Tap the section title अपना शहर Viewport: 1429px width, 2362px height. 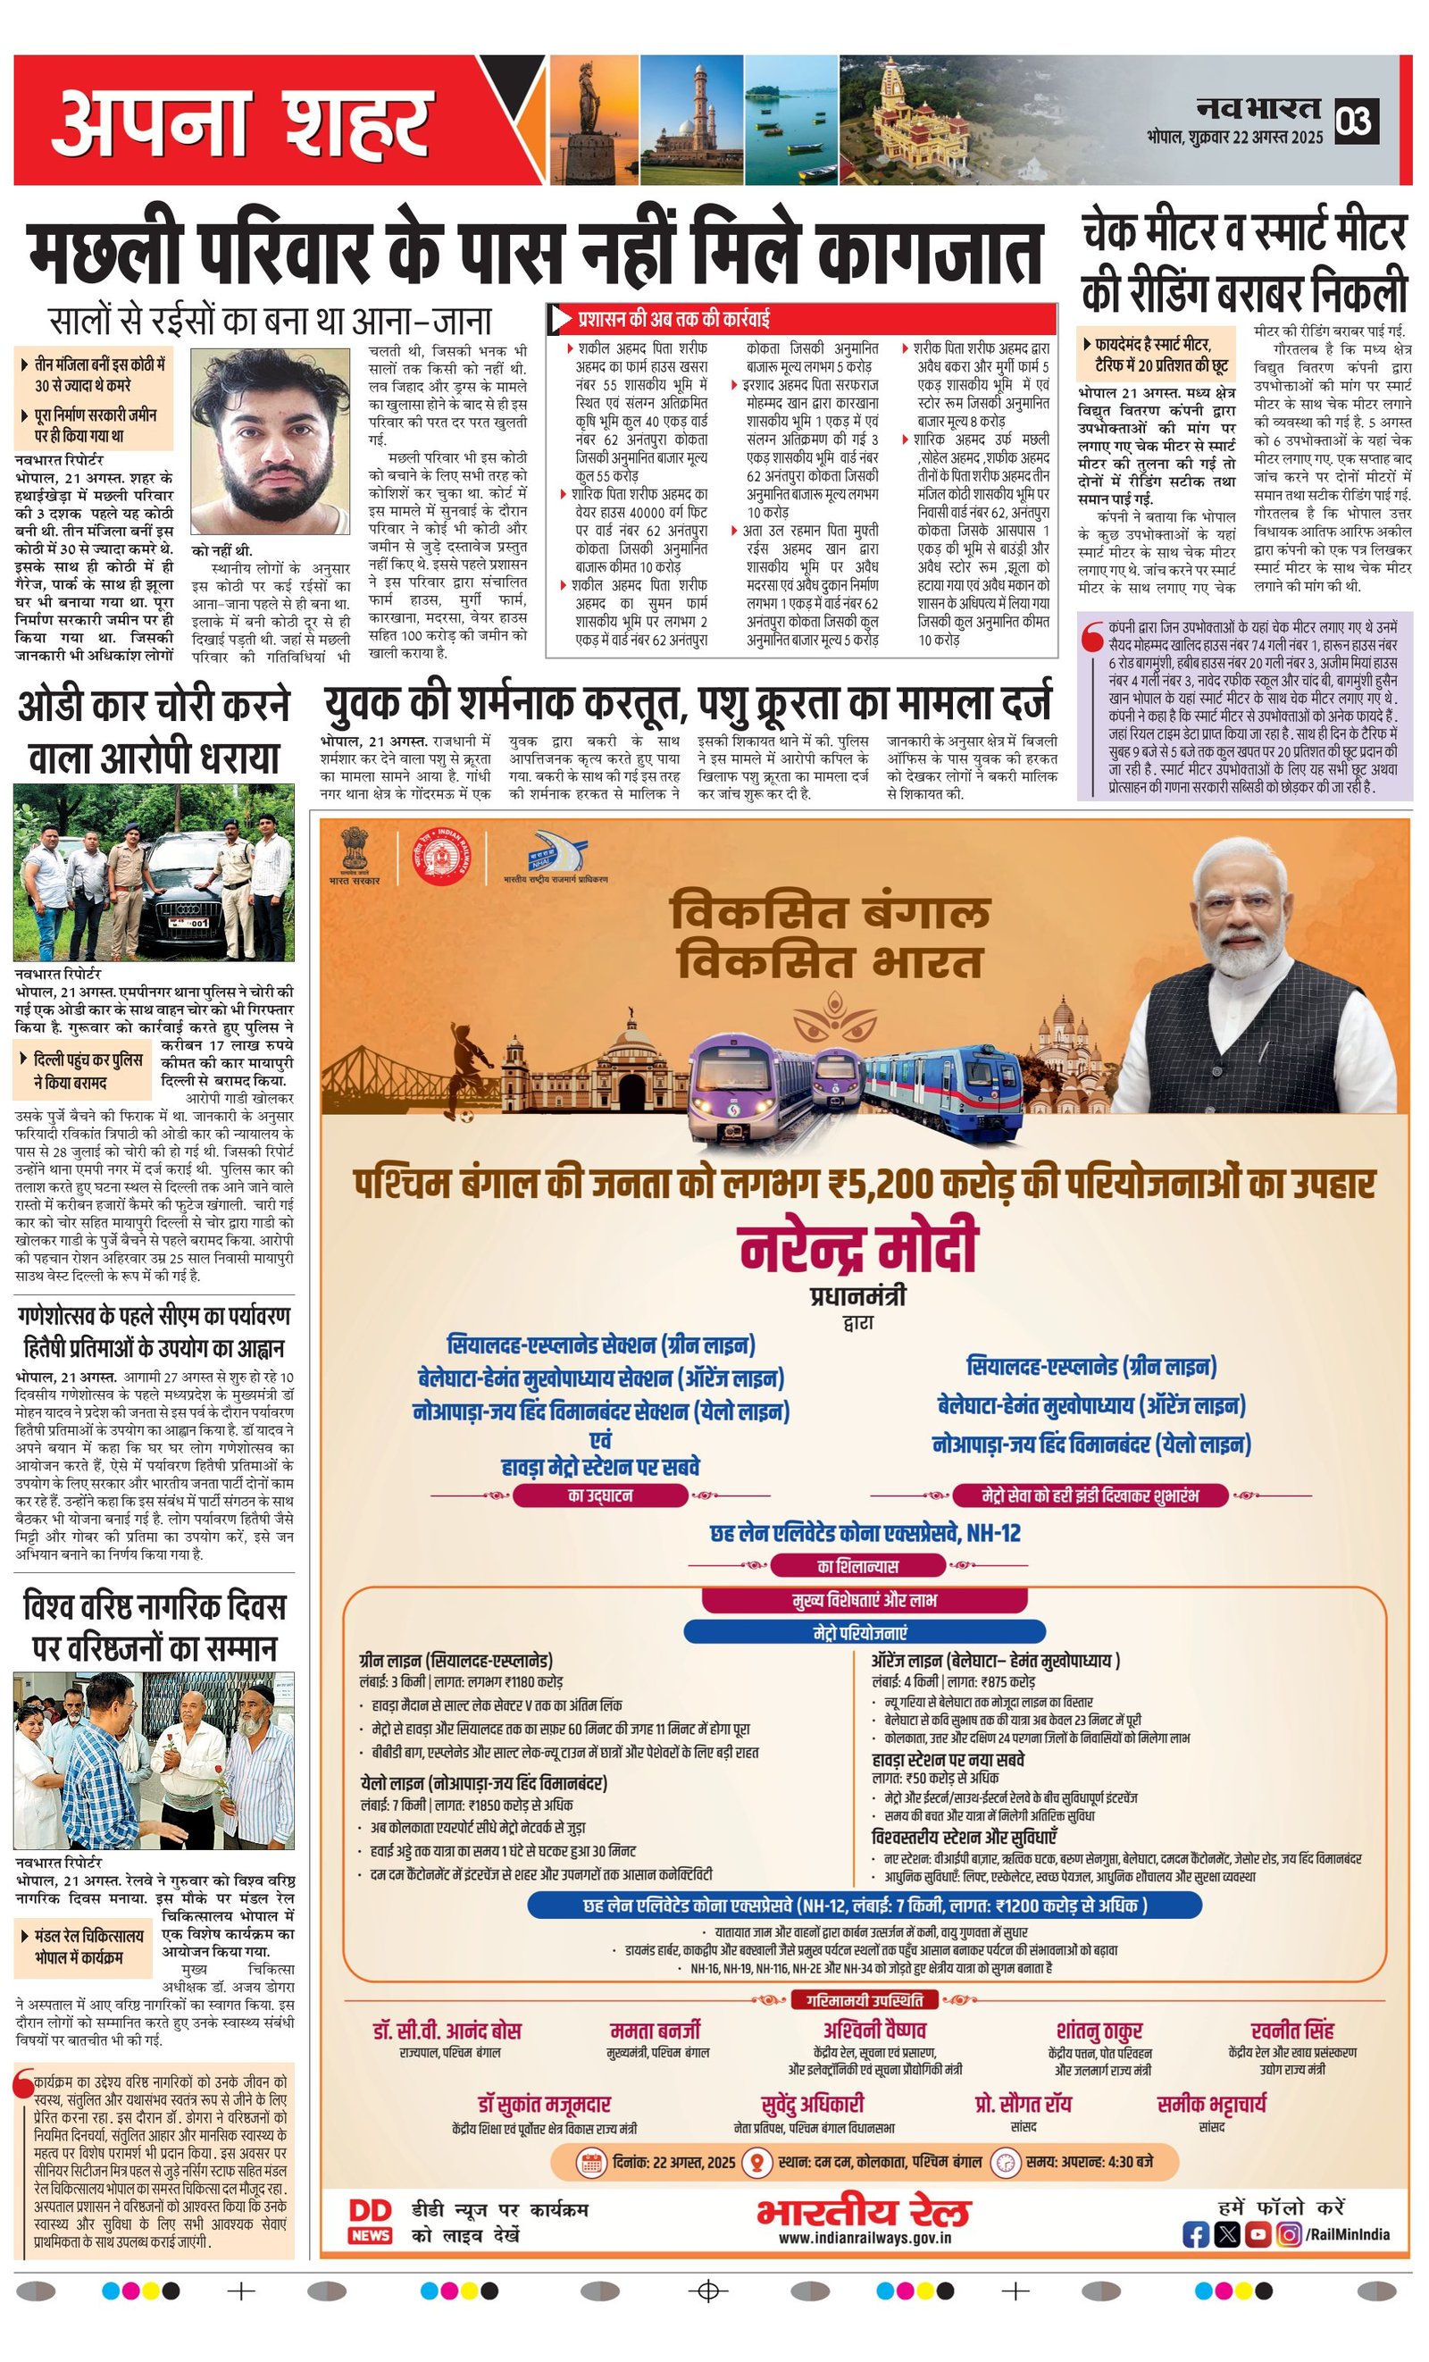pos(240,121)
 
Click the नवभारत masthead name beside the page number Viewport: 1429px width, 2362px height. pos(1257,109)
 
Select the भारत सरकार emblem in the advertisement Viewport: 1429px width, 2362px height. pos(354,850)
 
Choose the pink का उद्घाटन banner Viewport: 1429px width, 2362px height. pos(601,1495)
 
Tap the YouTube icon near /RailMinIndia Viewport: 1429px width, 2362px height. pos(1258,2233)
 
